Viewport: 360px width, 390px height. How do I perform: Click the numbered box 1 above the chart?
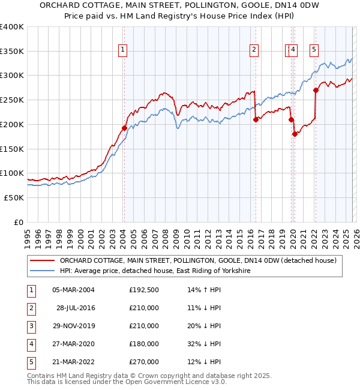tap(122, 50)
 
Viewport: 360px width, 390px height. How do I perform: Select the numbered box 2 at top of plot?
tap(254, 50)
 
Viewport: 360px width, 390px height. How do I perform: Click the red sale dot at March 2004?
tap(124, 128)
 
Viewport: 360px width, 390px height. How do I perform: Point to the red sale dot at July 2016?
tap(256, 119)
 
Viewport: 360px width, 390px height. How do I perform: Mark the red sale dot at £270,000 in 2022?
tap(316, 91)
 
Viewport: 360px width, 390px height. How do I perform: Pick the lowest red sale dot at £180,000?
tap(295, 134)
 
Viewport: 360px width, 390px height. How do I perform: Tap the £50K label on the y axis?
tap(14, 197)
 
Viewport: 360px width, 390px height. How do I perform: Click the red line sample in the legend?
tap(42, 260)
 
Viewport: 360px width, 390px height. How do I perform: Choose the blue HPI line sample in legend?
tap(42, 271)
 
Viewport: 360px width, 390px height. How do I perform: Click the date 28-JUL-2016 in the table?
tap(75, 308)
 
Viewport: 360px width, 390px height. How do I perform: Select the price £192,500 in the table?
tap(143, 290)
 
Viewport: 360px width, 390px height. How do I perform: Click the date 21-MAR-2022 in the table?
tap(75, 362)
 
